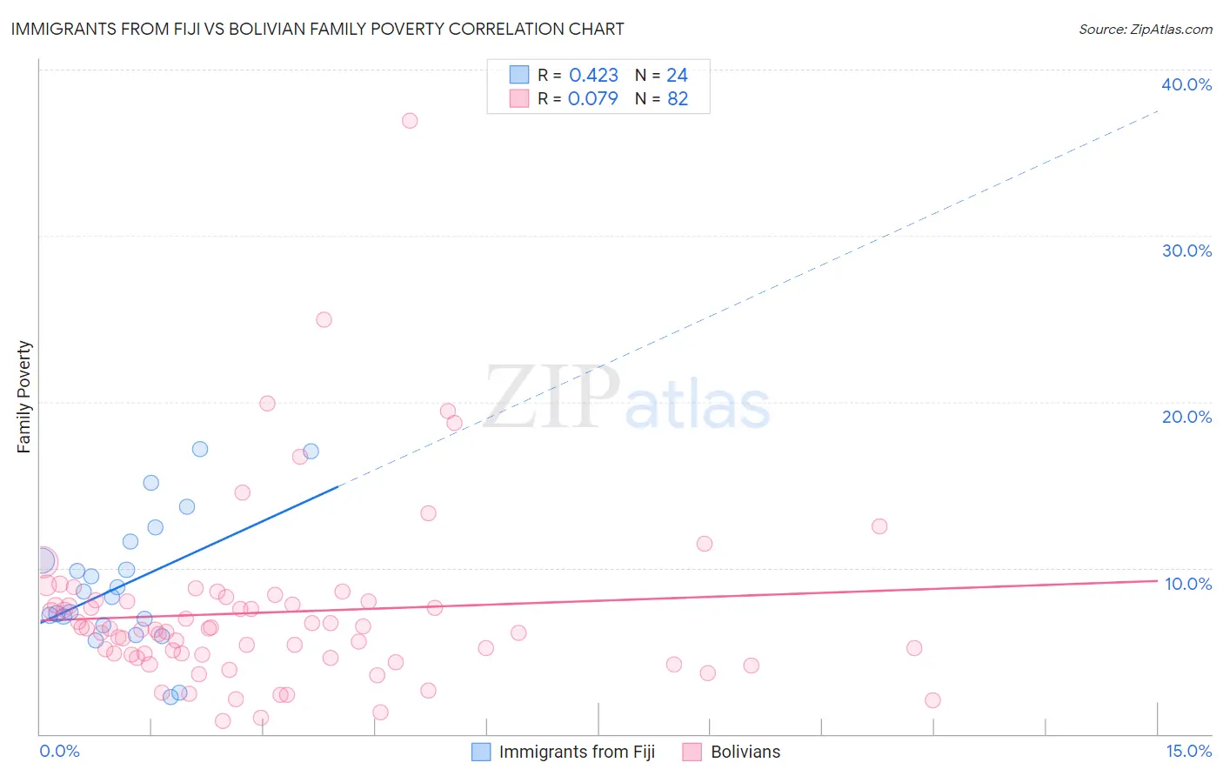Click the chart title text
(x=317, y=29)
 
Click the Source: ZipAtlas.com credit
(x=1145, y=29)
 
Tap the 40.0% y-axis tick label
(x=1186, y=84)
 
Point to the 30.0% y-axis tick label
(x=1186, y=251)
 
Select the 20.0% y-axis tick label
(x=1186, y=417)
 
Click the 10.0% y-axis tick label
(x=1188, y=584)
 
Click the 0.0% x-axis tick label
(x=59, y=751)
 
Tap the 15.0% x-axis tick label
(x=1188, y=751)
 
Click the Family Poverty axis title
(x=24, y=397)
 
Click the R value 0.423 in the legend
(x=593, y=76)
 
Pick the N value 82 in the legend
(x=678, y=99)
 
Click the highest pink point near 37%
(x=410, y=121)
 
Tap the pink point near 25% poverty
(x=324, y=319)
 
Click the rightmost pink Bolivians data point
(x=932, y=700)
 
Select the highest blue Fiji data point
(x=200, y=449)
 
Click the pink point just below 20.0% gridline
(x=448, y=411)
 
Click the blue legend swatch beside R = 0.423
(x=519, y=75)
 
